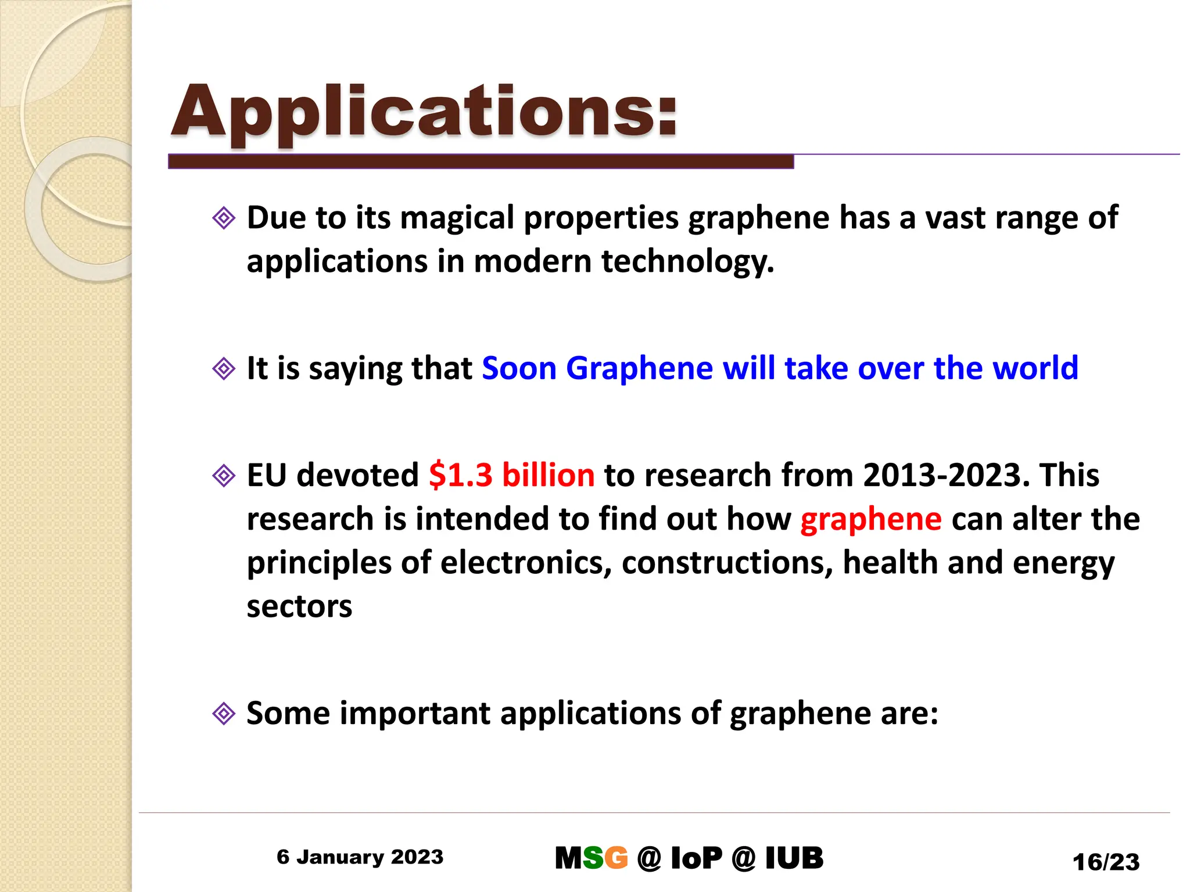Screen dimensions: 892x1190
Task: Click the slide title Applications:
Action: coord(424,111)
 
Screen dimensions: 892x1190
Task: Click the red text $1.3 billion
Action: coord(511,475)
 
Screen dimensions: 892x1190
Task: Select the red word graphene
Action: coord(870,519)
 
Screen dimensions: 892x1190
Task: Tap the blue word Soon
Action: coord(519,368)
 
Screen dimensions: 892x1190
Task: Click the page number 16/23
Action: coord(1106,862)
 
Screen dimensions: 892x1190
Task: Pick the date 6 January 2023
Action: coord(360,857)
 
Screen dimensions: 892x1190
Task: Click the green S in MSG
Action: coord(593,858)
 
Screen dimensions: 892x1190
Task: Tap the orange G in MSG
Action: coord(616,858)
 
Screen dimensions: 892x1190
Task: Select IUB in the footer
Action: coord(794,858)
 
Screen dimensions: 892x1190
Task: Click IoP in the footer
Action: coord(696,858)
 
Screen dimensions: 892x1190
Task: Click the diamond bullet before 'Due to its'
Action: coord(224,218)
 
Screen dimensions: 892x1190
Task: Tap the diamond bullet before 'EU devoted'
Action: coord(224,476)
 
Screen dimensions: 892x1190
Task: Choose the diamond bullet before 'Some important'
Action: coord(224,714)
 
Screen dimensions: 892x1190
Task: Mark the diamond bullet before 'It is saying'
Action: coord(224,369)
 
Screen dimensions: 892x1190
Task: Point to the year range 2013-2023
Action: coord(941,475)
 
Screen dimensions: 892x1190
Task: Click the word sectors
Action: coord(299,607)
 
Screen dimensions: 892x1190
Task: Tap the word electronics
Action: coord(526,563)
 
